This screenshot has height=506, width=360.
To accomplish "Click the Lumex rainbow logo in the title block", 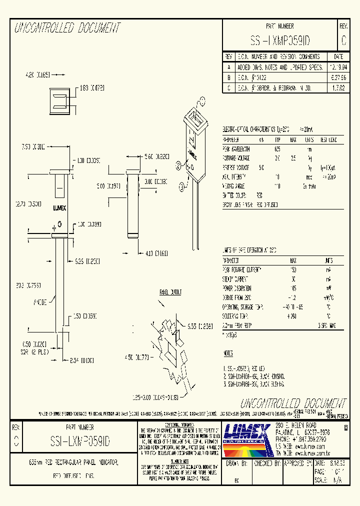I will pos(248,439).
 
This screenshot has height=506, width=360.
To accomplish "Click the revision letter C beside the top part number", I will pos(343,40).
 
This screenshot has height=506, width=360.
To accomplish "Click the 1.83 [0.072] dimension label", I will pos(92,88).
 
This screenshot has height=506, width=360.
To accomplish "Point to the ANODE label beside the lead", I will pos(40,303).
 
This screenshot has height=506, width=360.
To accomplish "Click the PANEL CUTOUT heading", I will pos(171,292).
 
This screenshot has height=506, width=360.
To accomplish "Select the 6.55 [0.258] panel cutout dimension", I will pos(197,326).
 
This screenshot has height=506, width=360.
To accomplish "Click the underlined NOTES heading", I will pos(228,353).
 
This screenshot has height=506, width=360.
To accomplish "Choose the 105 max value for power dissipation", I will pos(293,288).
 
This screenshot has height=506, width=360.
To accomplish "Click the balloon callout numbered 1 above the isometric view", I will pos(202,101).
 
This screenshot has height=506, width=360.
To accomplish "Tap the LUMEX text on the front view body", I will pos(60,207).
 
